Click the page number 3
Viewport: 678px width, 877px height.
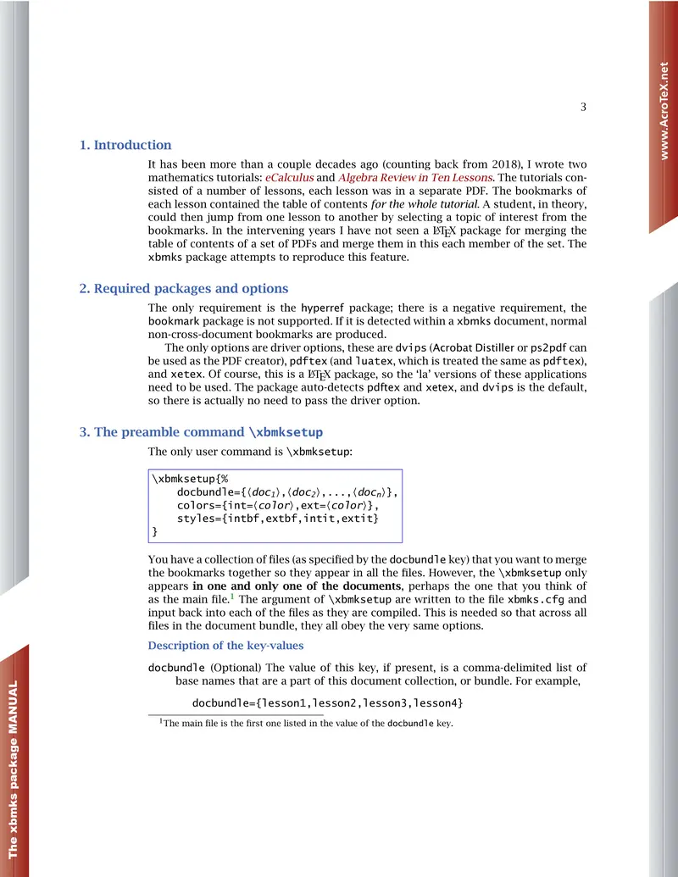tap(583, 107)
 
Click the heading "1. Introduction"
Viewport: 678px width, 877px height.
tap(125, 145)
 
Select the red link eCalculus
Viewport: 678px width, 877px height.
tap(290, 178)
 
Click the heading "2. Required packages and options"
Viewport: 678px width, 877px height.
tap(184, 288)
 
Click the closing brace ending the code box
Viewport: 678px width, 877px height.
tap(154, 532)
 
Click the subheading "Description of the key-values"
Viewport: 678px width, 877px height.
tap(226, 646)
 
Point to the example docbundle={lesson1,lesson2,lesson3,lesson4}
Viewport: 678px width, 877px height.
tap(327, 704)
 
